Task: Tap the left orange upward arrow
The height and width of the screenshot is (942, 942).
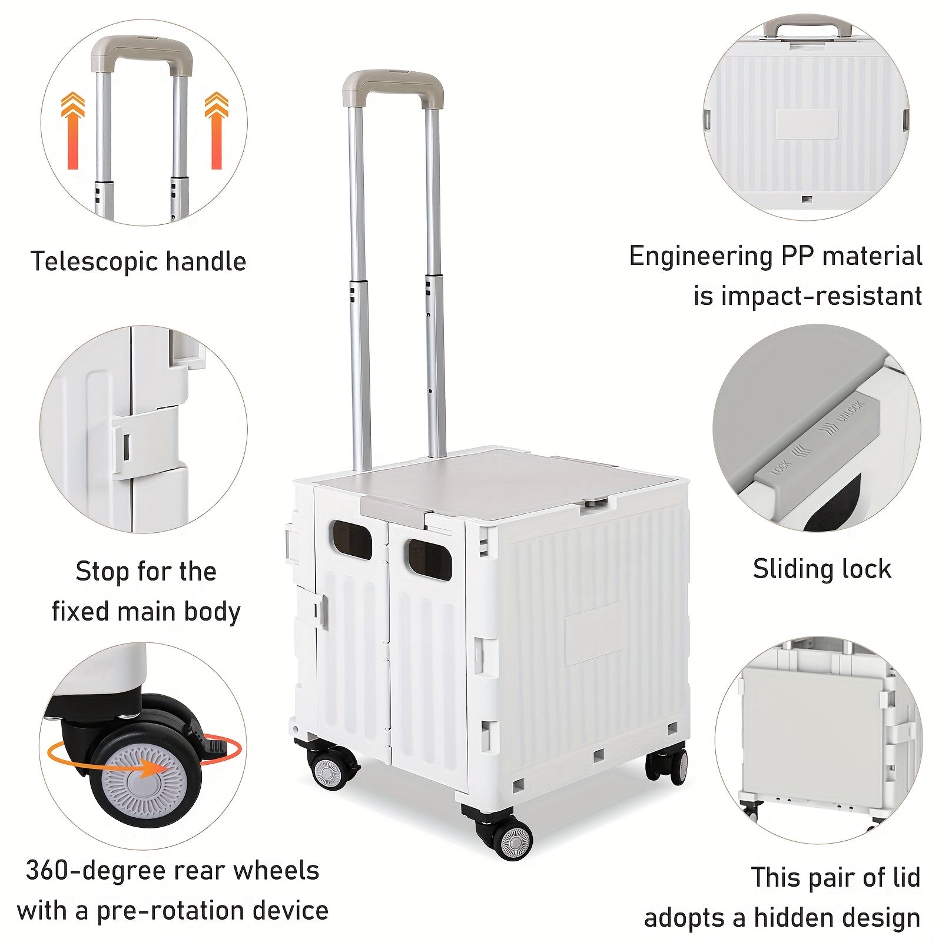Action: pos(73,131)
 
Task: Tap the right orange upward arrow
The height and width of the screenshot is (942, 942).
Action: pos(216,131)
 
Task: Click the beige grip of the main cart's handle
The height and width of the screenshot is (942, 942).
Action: pos(393,83)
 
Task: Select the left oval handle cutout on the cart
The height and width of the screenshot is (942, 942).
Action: pos(352,540)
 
